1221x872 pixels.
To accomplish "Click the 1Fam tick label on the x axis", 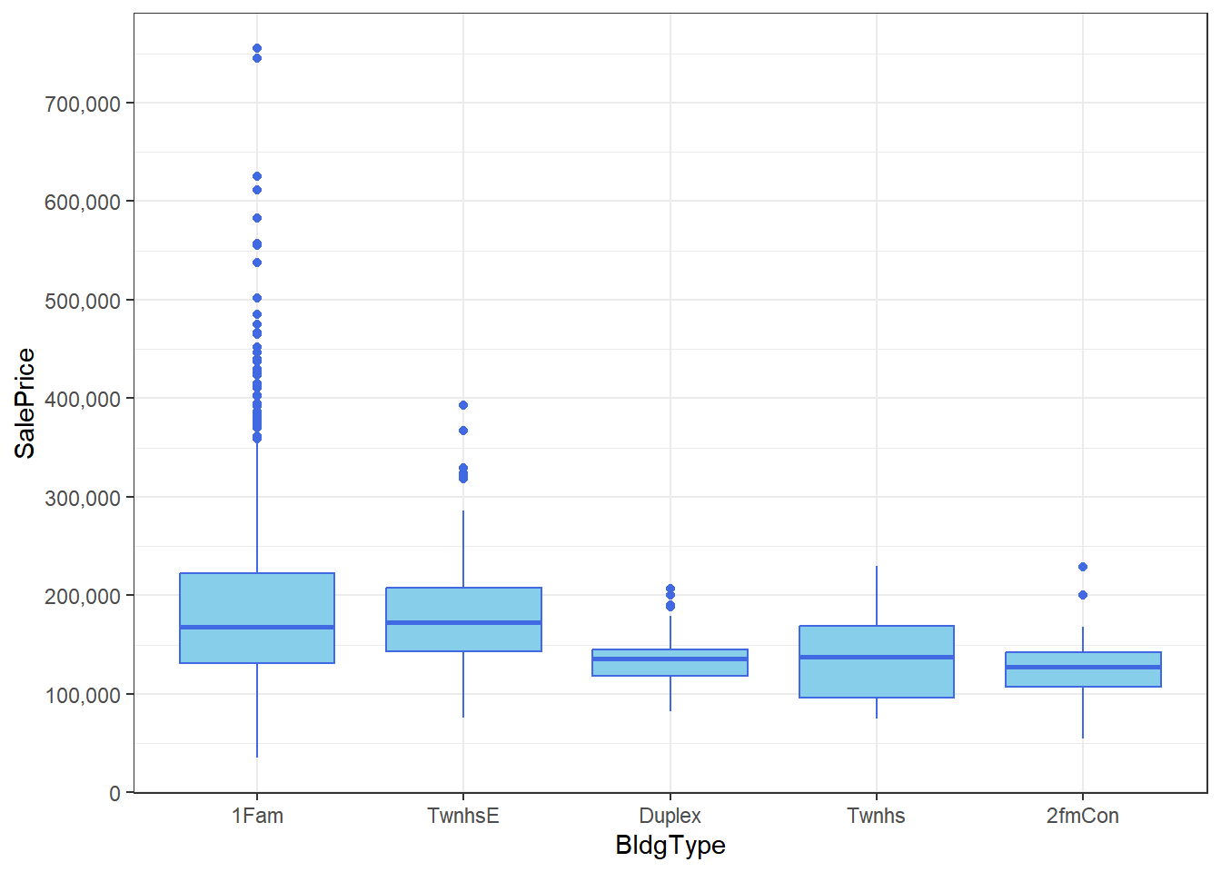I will click(257, 816).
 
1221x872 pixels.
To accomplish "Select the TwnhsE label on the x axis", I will click(463, 816).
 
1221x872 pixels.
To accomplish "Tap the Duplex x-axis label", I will click(670, 816).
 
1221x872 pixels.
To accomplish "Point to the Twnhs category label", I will click(877, 816).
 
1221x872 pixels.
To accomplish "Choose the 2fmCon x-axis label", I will click(1083, 816).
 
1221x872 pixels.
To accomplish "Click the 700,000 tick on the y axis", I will click(83, 104).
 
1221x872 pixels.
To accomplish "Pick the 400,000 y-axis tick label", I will click(83, 399).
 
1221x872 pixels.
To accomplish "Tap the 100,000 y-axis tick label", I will click(83, 695).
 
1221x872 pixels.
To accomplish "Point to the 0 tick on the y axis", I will click(114, 793).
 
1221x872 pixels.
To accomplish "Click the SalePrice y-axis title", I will click(25, 403).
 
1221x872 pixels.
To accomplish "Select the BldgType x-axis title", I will click(670, 845).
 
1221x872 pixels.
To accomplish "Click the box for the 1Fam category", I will click(257, 599).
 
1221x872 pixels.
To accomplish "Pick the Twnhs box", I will click(877, 677).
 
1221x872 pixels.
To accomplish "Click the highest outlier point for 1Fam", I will click(257, 48).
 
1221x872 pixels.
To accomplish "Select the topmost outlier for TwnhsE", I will click(463, 405).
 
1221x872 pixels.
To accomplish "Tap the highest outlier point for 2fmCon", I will click(1083, 567).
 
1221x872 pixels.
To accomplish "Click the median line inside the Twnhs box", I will click(877, 657).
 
